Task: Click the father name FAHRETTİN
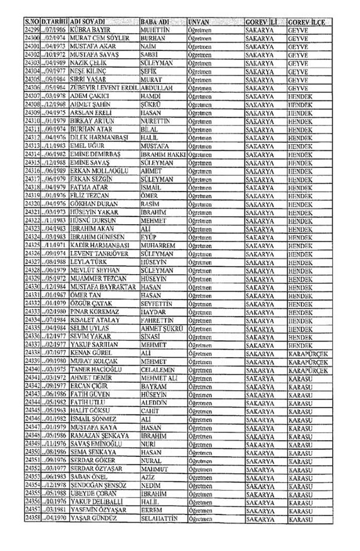159,319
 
